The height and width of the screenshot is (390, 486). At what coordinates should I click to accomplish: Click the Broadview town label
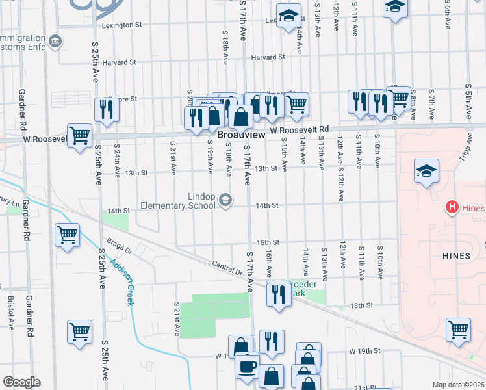coord(241,135)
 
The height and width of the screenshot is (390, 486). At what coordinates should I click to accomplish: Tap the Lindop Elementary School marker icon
coord(225,200)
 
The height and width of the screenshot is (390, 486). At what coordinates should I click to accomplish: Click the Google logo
coord(21,382)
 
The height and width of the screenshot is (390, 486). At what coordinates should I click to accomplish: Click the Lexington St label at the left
coord(122,25)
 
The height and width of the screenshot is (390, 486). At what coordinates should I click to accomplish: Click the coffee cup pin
coord(247,367)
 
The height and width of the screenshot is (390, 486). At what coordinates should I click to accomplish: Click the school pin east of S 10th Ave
coord(426,172)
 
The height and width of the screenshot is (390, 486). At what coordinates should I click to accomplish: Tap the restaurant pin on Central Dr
coord(279,294)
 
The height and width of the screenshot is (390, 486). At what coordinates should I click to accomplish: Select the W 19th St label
coord(364,351)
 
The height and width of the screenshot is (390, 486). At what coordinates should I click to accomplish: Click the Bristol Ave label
coord(10,313)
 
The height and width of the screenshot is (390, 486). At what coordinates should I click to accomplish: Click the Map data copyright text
coord(458,385)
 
